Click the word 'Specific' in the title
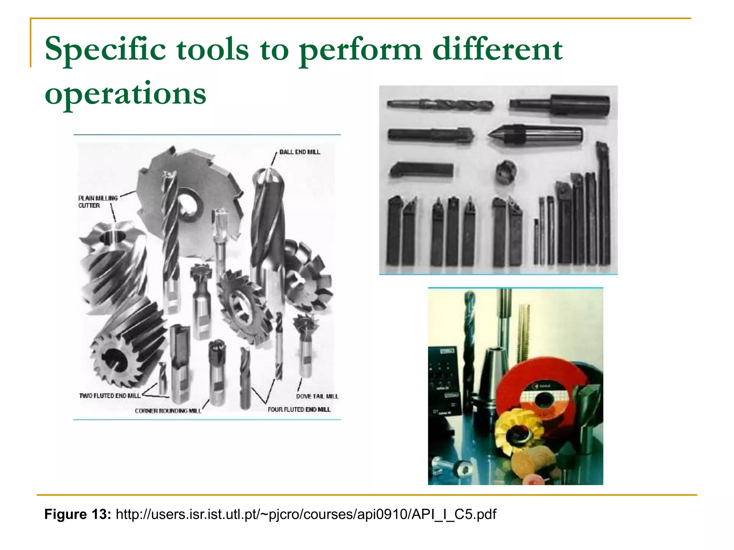coord(105,49)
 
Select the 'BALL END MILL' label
coord(300,152)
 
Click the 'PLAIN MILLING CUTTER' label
coord(97,202)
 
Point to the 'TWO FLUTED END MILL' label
coord(110,396)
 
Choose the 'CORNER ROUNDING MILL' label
coord(168,411)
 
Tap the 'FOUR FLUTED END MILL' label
coord(299,409)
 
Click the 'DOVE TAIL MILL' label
coord(317,396)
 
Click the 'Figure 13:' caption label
coord(77,514)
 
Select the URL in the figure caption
coord(306,514)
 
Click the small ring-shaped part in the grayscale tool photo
coord(506,172)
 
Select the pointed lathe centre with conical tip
coord(534,135)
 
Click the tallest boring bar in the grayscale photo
coord(603,204)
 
